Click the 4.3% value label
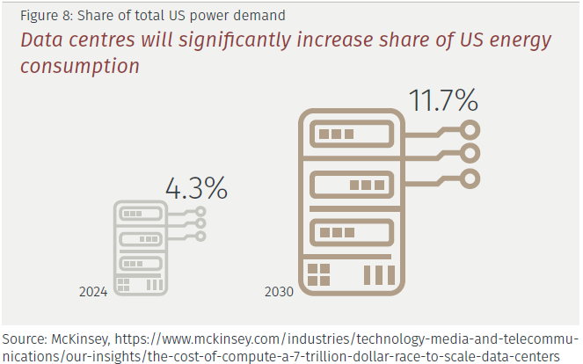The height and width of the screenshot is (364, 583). (197, 188)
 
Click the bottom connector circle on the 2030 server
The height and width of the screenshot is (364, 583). (471, 178)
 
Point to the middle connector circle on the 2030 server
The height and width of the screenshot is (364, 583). (471, 155)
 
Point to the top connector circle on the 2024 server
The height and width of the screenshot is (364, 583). (201, 212)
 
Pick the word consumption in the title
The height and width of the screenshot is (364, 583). (81, 66)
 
